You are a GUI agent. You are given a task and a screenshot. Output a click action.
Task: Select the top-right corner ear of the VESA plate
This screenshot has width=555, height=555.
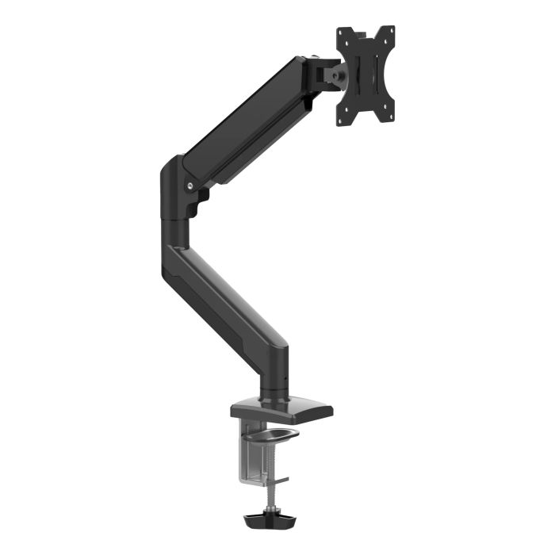click(x=388, y=32)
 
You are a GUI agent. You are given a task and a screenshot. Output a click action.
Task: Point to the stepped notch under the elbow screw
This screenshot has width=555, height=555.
click(x=199, y=202)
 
